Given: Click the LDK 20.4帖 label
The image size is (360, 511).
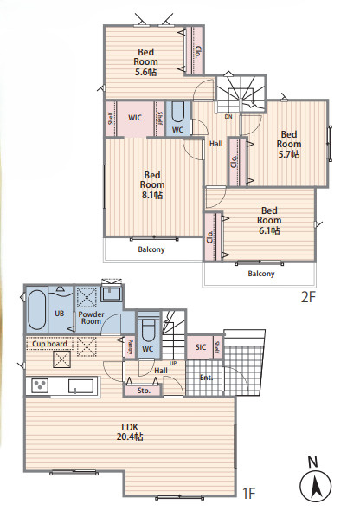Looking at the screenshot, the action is tap(130, 432).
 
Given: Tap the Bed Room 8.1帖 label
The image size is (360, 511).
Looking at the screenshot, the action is tap(152, 184).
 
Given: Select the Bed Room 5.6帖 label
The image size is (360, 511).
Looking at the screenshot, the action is tap(145, 61).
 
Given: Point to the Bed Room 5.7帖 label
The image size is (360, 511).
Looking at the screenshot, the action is tap(289, 145).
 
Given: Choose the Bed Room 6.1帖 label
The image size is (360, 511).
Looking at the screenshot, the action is tap(269, 221).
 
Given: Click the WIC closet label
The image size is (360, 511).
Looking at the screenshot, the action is tap(135, 117).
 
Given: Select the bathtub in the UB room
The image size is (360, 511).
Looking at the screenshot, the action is tap(36, 309).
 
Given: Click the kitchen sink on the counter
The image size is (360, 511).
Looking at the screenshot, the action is tap(81, 386).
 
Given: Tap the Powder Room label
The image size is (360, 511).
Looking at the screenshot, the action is tap(91, 318).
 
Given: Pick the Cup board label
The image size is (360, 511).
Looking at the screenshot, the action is tap(49, 344).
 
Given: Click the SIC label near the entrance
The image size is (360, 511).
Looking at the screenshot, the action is tap(201, 347).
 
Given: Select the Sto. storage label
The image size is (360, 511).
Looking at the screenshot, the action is tap(144, 391).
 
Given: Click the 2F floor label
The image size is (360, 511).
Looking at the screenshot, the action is tap(308, 296).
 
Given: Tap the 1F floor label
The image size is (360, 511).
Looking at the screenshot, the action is tap(249, 494).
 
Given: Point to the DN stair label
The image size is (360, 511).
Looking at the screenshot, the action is tap(228, 116).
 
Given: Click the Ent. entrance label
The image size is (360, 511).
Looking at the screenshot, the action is tap(206, 378).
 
